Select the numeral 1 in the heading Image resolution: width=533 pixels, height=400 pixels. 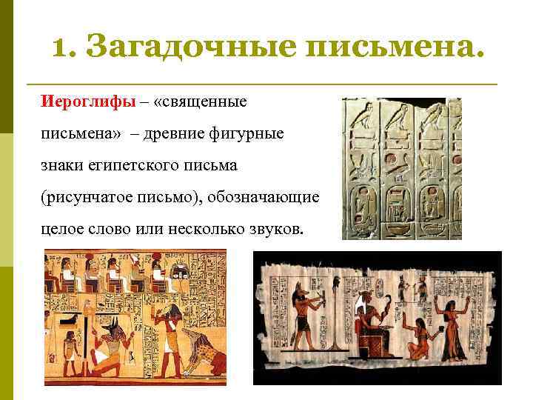pos(62,48)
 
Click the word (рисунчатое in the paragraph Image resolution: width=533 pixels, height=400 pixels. pos(81,198)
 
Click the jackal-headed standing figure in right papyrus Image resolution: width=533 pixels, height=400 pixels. pos(305,319)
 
